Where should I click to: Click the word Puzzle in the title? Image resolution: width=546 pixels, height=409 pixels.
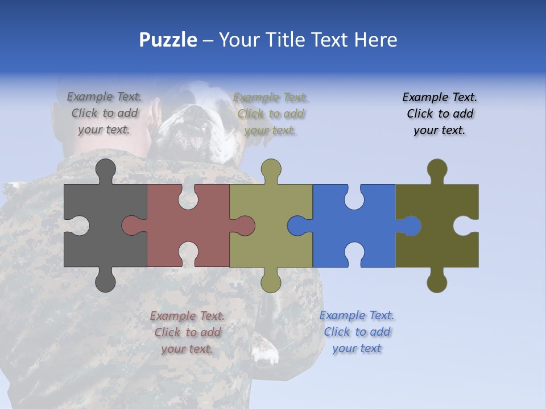pos(168,40)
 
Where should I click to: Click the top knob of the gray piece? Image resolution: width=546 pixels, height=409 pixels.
pos(105,170)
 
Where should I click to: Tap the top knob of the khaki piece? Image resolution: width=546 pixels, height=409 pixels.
pos(271,170)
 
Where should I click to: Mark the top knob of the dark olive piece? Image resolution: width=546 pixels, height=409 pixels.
pos(437,170)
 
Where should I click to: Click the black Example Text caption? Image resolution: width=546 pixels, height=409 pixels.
pos(440,114)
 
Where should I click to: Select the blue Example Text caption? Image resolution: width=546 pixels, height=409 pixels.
pos(357,332)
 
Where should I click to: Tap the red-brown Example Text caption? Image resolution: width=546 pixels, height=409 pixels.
pos(187,332)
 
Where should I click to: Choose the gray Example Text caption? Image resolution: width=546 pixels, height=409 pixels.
pos(104,113)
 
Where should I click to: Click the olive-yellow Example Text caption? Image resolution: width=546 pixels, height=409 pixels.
pos(271,114)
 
